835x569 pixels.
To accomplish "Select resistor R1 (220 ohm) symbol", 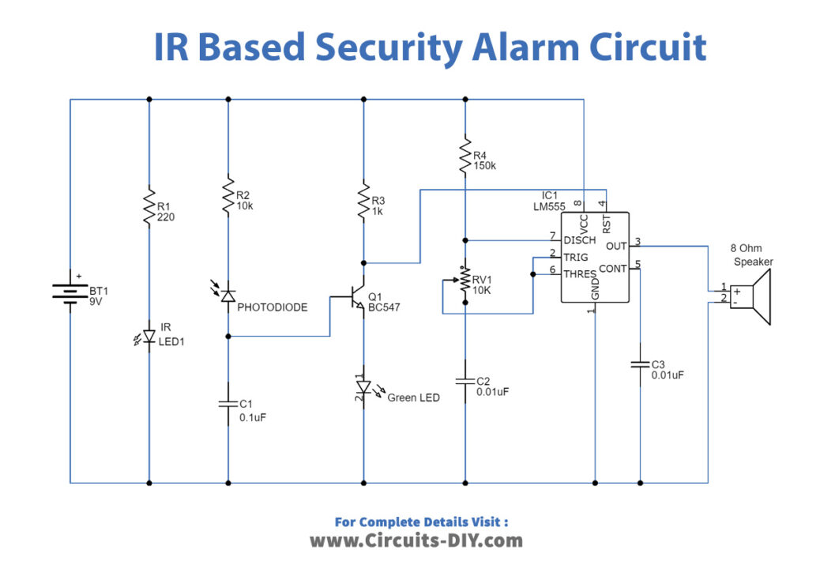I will tap(149, 207).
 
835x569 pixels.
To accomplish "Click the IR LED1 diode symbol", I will tap(149, 337).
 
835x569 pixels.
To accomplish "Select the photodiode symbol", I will tap(228, 296).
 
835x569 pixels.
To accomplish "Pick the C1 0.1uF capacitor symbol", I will tap(228, 404).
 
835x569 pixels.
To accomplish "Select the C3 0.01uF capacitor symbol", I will tap(640, 364).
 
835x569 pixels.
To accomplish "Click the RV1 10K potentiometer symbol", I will tap(465, 278).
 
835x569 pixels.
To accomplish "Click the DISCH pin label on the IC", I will tap(579, 240).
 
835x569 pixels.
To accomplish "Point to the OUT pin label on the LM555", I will tap(616, 246).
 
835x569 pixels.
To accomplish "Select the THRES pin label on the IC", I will tap(580, 273).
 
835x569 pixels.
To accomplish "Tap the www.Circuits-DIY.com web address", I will tap(416, 541).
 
